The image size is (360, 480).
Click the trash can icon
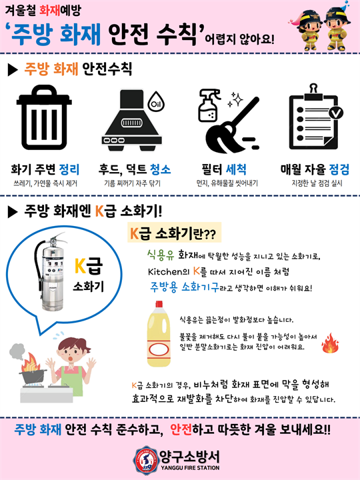pos(45,123)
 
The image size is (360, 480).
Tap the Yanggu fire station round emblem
pos(145,459)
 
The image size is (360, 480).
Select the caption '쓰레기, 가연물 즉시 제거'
pos(45,183)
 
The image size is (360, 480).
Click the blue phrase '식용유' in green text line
pos(160,254)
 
